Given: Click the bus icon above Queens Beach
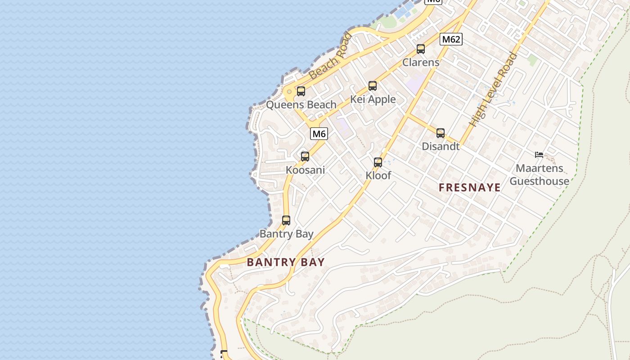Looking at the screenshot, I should (x=301, y=91).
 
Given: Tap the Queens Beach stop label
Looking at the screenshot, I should (x=301, y=105).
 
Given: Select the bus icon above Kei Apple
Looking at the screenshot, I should (x=373, y=86).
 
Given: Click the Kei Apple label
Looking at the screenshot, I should (x=373, y=99).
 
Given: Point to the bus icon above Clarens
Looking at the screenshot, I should (x=421, y=49).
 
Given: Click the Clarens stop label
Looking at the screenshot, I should (x=421, y=63).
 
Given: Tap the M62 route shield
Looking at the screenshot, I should (x=451, y=39).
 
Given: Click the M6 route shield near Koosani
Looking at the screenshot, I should (x=319, y=134).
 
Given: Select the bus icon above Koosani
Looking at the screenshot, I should (x=305, y=157).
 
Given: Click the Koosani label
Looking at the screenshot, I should (x=305, y=171).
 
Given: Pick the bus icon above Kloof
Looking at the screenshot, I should (x=378, y=162).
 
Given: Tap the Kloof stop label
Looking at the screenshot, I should (x=378, y=175).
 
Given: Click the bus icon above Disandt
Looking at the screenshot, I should (x=441, y=133).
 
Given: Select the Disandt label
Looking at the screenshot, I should (x=441, y=146).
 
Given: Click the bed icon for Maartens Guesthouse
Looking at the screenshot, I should (x=539, y=155).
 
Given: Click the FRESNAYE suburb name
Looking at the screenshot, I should (x=470, y=188).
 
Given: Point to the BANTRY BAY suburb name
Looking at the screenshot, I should (x=286, y=262).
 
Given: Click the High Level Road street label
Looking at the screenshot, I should (x=493, y=90).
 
